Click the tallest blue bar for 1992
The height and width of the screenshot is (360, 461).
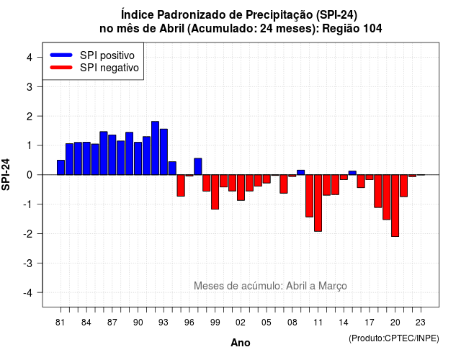tap(156, 148)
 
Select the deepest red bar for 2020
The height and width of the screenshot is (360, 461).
tap(395, 206)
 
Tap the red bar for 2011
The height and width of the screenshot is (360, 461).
tap(318, 203)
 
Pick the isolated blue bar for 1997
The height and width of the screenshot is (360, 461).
tap(198, 166)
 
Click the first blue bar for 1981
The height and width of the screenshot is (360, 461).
tap(61, 168)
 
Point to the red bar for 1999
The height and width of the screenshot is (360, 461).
tap(215, 192)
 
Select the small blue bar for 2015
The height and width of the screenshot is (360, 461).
tap(352, 173)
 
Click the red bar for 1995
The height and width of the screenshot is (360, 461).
tap(181, 186)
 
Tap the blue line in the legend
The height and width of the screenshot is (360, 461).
tap(61, 55)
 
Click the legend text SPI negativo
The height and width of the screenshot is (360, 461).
tap(109, 68)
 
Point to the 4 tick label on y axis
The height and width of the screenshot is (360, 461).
tap(30, 58)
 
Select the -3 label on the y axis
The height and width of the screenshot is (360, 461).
tap(28, 263)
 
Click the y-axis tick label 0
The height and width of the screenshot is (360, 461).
tap(30, 175)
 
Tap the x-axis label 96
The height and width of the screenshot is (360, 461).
tap(189, 323)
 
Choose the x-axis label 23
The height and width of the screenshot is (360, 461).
tap(421, 323)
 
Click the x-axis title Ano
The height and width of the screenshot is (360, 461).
tap(241, 343)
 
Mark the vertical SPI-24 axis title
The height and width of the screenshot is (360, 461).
tap(6, 174)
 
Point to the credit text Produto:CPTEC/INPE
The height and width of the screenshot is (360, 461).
tap(394, 338)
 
